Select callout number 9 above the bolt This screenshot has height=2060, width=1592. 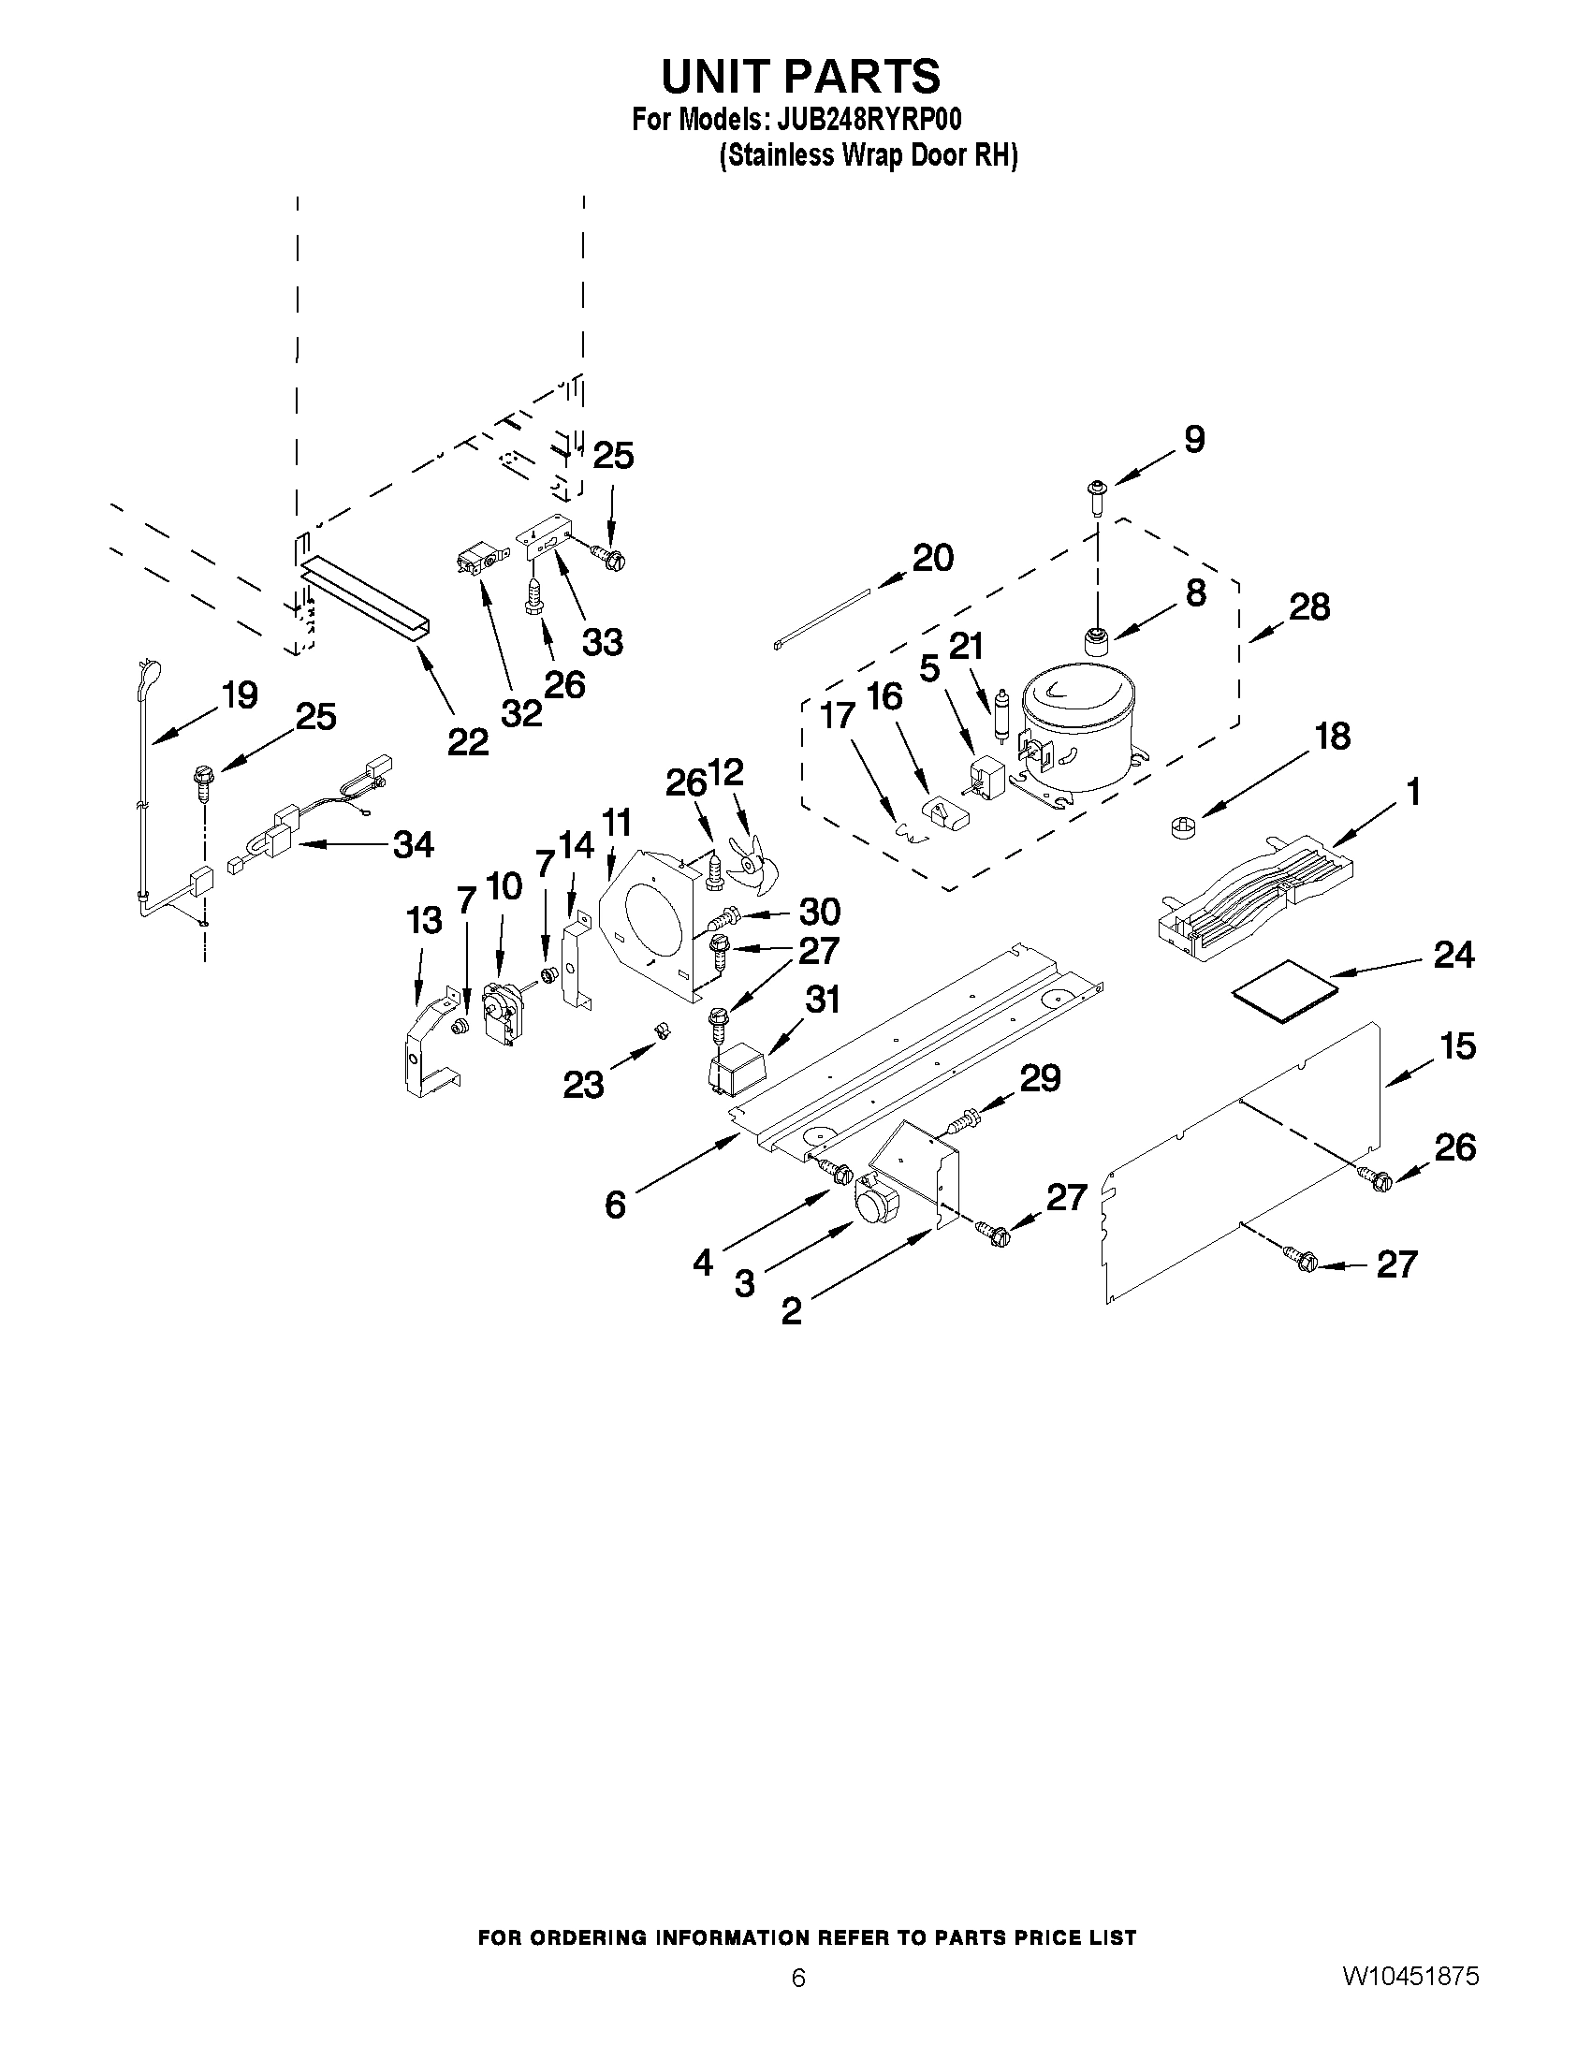(x=1193, y=440)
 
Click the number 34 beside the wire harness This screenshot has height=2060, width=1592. (x=413, y=844)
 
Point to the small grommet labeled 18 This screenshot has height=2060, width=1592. (x=1179, y=826)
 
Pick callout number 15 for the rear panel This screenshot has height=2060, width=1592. (x=1457, y=1046)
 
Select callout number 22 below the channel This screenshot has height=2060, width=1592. (x=468, y=742)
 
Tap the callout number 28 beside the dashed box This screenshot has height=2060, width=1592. (x=1309, y=606)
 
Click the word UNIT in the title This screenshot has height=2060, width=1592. (x=719, y=76)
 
